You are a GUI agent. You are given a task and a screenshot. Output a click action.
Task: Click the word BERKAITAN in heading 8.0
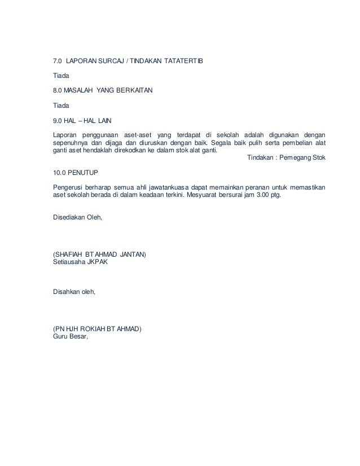coord(134,90)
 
